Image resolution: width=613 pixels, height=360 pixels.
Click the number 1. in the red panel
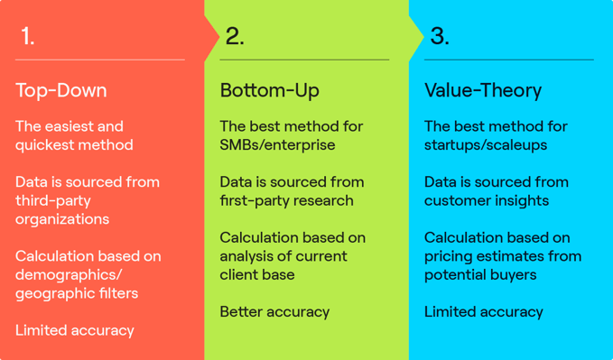[x=28, y=37]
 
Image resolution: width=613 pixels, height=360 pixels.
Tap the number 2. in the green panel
[x=235, y=37]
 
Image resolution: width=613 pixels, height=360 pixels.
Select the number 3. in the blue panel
[x=440, y=37]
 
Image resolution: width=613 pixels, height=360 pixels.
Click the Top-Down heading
[x=60, y=91]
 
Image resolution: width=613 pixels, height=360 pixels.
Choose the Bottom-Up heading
[x=269, y=91]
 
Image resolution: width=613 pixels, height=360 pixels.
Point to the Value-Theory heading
[x=483, y=91]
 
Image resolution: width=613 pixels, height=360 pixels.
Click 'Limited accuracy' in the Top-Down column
[x=74, y=330]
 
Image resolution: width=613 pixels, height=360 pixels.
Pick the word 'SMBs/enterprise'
[x=277, y=145]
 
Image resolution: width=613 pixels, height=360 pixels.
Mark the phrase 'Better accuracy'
[x=274, y=312]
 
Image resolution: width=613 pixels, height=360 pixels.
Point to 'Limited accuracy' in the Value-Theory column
[x=484, y=312]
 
